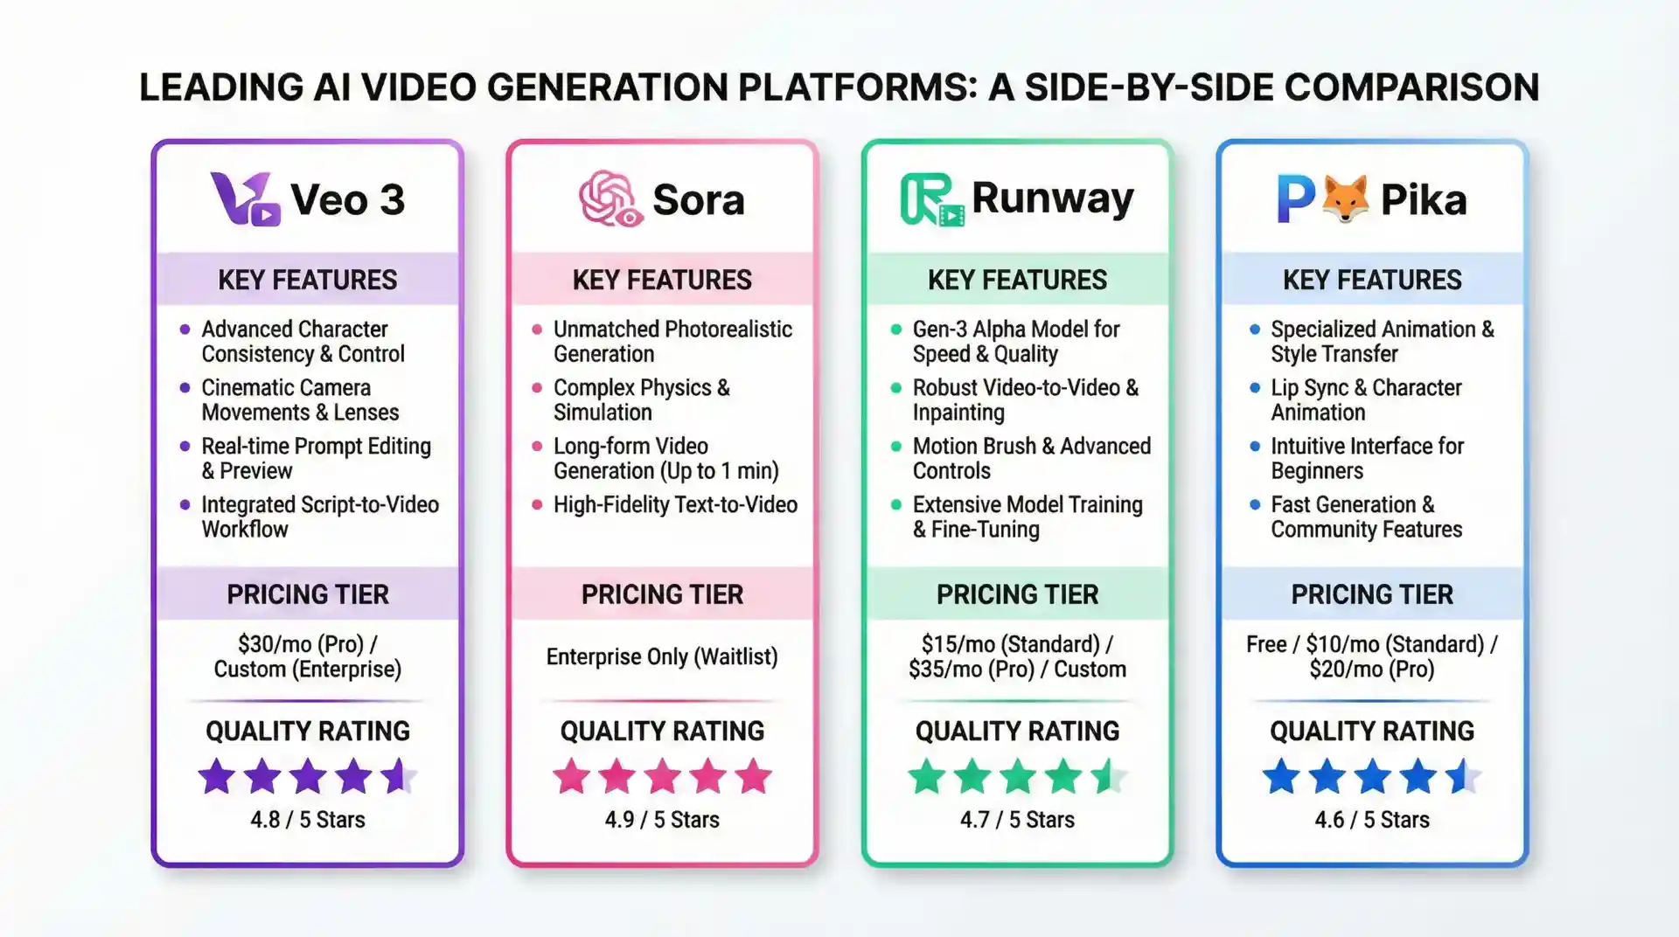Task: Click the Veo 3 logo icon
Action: (245, 199)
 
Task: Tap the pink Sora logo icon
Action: (610, 198)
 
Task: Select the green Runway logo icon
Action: (931, 199)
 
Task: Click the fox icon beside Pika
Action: (1345, 198)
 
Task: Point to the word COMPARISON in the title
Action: (1411, 87)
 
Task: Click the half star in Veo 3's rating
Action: (400, 776)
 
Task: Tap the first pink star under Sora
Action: (572, 776)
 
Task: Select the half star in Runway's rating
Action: (1109, 776)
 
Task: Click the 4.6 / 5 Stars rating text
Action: (1371, 820)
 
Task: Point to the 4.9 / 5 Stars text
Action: (662, 820)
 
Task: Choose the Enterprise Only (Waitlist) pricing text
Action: (662, 656)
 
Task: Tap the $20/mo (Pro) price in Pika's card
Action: (1371, 670)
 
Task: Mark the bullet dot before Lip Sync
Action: (1255, 388)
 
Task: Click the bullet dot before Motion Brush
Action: (896, 447)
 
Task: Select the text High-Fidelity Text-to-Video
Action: (675, 505)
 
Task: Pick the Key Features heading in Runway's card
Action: (1017, 280)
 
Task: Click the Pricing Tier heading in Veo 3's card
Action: (307, 594)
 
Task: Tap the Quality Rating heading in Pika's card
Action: (1371, 731)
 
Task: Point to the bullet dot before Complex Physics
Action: (537, 388)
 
